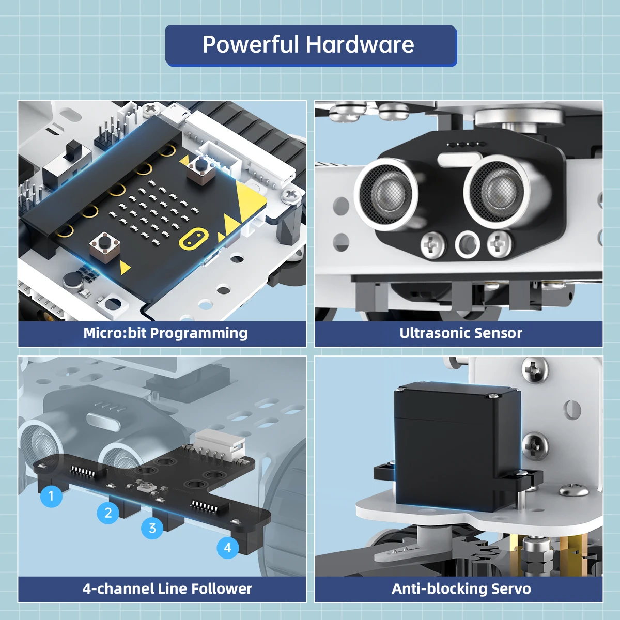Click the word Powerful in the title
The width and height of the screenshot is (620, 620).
[x=251, y=44]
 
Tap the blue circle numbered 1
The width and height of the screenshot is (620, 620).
[x=52, y=496]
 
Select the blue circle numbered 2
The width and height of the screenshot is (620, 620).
[x=108, y=513]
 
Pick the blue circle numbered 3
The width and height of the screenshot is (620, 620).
[x=152, y=528]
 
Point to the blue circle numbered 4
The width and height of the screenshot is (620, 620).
[x=228, y=547]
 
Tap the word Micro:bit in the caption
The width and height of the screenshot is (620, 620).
[x=115, y=333]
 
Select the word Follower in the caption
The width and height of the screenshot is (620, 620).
[x=221, y=588]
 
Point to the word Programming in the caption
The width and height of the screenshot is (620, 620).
[x=199, y=334]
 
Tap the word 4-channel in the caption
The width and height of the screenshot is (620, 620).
[x=118, y=588]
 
